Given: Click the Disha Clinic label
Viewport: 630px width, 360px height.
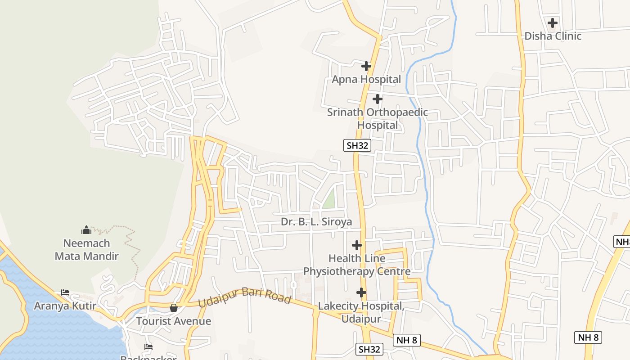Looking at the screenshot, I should tap(553, 36).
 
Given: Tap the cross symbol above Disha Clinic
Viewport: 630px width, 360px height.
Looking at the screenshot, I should tap(553, 22).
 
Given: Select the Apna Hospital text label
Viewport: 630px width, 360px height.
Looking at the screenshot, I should tap(366, 80).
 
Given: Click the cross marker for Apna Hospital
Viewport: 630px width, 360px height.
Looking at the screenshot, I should tap(366, 66).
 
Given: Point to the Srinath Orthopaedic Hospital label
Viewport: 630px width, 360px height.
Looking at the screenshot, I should tap(378, 118).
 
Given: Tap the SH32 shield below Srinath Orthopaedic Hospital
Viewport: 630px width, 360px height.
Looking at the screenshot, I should tap(357, 145).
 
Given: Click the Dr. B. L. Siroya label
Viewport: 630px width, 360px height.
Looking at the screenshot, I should tap(316, 222).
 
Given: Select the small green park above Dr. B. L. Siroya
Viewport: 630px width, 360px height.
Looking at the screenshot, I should tap(329, 199).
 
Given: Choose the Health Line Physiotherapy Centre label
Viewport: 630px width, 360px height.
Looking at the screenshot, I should tap(357, 265).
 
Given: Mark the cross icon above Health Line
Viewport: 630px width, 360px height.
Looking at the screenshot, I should tap(357, 245).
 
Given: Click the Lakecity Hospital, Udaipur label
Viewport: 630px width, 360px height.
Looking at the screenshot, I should tap(361, 312).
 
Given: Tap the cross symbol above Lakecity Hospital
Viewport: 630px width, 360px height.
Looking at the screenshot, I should tap(361, 292).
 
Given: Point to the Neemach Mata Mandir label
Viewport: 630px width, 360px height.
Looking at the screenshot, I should tap(86, 250).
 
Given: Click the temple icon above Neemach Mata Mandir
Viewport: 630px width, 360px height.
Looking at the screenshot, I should tap(86, 230).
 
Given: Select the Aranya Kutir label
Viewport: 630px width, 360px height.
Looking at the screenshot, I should tap(65, 306).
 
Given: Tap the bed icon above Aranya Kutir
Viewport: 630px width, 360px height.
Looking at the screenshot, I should tap(65, 292).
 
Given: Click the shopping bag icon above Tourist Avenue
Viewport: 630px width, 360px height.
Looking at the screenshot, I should tap(173, 308).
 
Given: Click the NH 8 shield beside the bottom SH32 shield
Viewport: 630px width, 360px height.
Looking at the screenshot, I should tap(407, 340).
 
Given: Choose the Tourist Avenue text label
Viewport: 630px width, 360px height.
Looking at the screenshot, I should tap(173, 321).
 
